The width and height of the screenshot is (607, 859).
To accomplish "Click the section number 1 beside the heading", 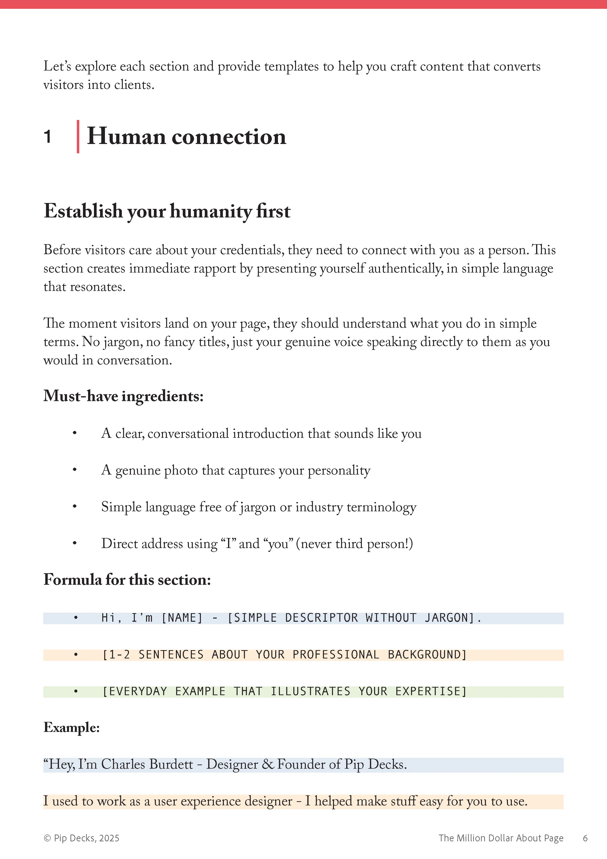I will (x=47, y=137).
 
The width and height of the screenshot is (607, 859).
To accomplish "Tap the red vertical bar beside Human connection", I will (x=78, y=137).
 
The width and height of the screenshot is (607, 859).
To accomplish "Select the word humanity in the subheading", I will (x=211, y=211).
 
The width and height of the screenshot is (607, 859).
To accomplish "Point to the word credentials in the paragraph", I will (x=252, y=250).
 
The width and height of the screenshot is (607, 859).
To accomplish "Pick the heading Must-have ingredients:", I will (x=123, y=396).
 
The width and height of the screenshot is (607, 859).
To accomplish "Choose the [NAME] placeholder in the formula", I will (x=182, y=618).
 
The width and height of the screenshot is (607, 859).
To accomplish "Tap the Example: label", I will (x=72, y=728).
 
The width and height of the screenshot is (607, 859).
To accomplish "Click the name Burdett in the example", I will (x=171, y=764).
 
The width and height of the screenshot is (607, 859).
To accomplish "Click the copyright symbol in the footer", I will (x=47, y=838).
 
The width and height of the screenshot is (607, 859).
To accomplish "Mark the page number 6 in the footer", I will (x=585, y=838).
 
